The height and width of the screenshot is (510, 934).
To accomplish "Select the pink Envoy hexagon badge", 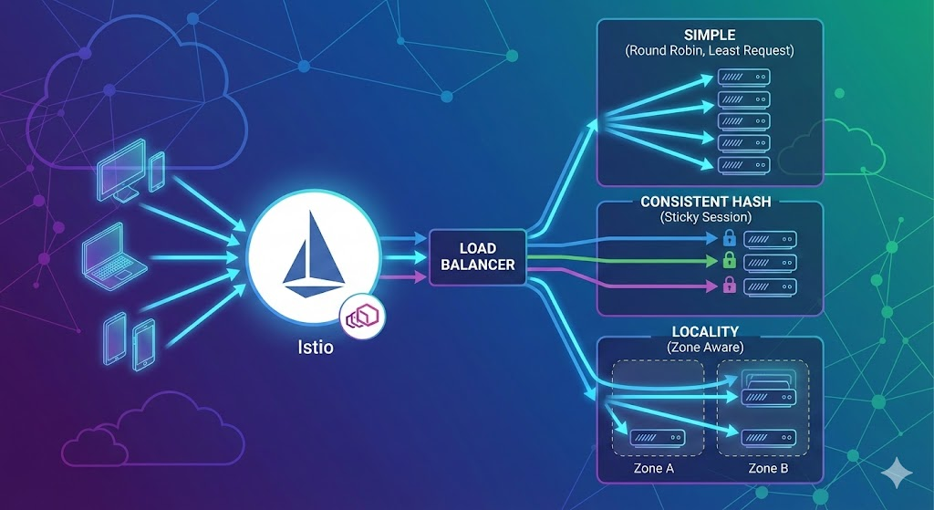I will tap(363, 317).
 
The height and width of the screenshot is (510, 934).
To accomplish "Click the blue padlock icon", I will tap(729, 239).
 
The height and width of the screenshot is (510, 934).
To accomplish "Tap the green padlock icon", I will tap(729, 262).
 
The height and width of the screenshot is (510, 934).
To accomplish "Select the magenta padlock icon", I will tap(729, 286).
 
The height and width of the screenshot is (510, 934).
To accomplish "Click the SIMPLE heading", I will tap(709, 35).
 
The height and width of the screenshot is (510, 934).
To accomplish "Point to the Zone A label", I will tap(653, 469).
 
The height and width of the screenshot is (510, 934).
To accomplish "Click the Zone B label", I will tap(768, 469).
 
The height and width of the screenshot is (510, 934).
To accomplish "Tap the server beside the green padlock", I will tap(770, 263).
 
